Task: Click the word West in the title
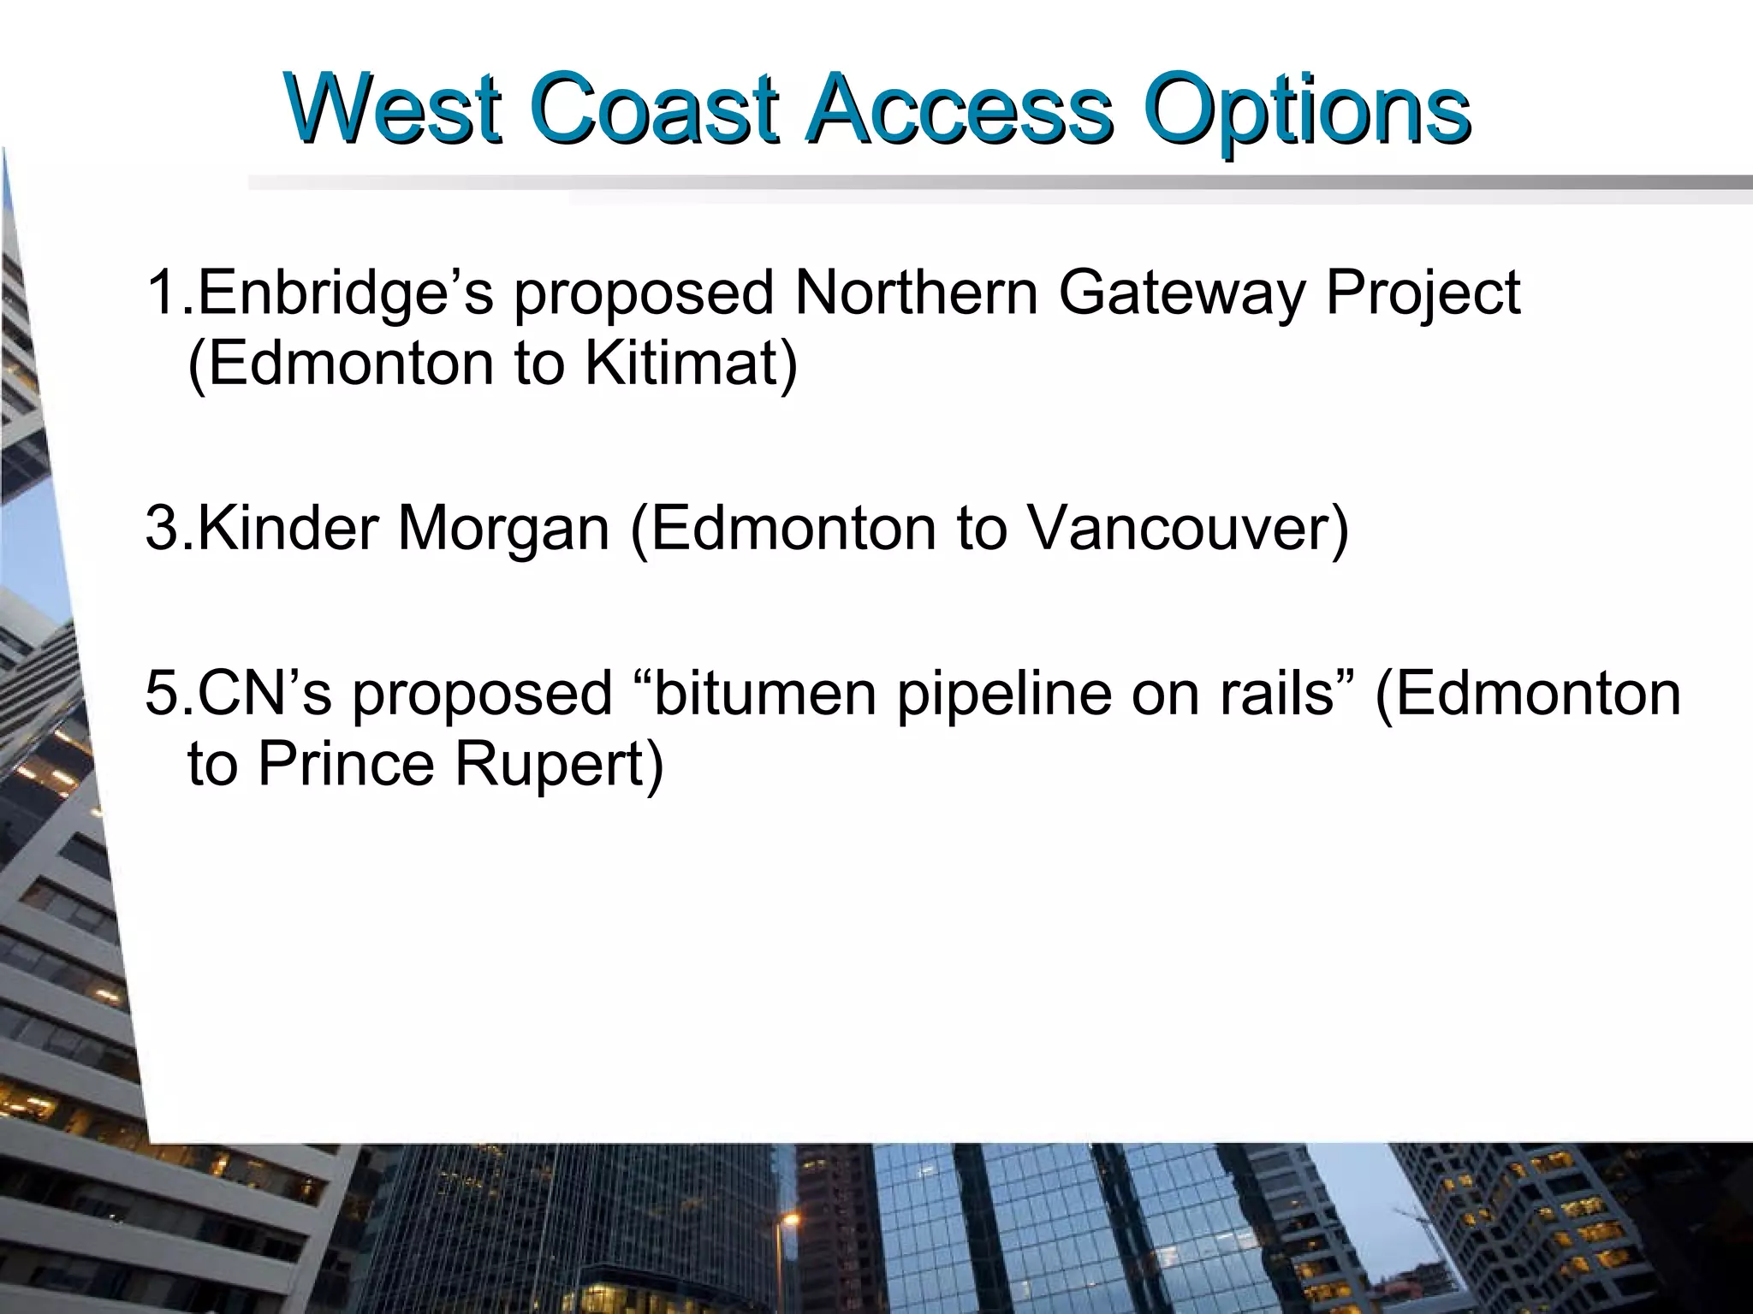tap(395, 109)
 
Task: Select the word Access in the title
tap(960, 109)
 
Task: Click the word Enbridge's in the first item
tap(346, 293)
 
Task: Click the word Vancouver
tap(1187, 527)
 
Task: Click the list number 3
tap(160, 527)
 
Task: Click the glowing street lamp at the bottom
tap(790, 1218)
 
